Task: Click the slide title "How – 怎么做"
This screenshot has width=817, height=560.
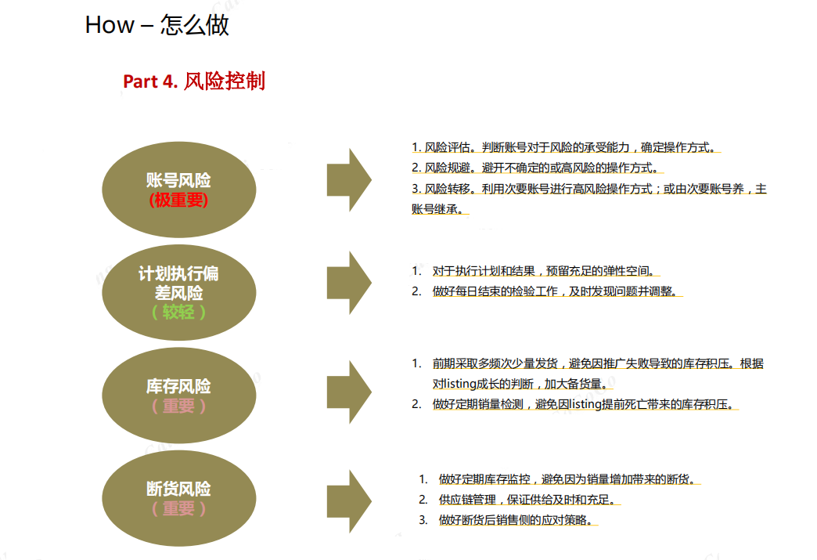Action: (157, 24)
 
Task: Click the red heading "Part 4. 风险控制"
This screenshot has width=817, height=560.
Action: (194, 81)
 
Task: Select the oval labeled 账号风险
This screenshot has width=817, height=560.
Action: (178, 190)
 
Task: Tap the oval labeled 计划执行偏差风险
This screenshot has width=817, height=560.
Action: (178, 292)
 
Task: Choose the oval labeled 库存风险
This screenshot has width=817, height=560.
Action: (178, 396)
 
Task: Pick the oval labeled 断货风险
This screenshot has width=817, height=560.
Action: (178, 498)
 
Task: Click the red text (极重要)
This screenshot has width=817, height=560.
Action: (178, 200)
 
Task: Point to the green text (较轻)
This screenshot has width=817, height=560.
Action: (178, 312)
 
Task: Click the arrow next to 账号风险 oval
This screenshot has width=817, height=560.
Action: (349, 180)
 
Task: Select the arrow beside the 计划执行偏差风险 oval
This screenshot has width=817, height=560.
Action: (349, 283)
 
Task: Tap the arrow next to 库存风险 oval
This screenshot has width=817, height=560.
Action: (349, 392)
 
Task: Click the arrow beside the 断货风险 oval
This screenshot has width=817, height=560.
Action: (349, 501)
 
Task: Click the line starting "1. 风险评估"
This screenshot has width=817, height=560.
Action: (566, 147)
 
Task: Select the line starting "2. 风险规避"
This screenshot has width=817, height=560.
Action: (538, 168)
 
